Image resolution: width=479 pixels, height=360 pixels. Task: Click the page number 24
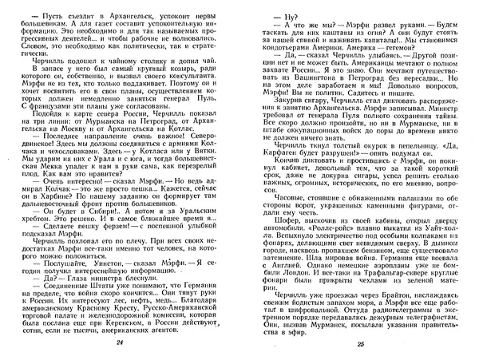[121, 342]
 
